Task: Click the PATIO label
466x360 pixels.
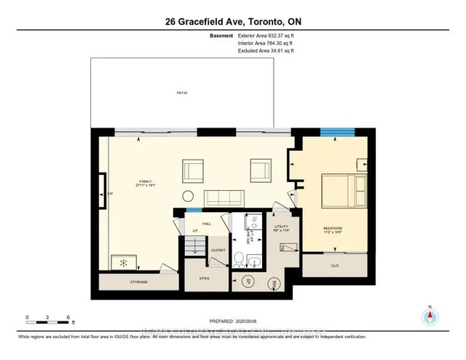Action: (181, 93)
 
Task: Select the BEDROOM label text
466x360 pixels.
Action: (333, 228)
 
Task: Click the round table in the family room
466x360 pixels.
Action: (188, 195)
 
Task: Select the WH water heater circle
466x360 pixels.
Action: (275, 283)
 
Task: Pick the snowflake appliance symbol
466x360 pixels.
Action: (122, 262)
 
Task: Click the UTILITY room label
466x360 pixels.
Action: (282, 227)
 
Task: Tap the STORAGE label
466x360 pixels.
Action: (138, 281)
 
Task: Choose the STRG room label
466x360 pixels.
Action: (205, 278)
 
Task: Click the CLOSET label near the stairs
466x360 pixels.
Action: (218, 250)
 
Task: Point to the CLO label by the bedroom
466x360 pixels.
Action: (335, 265)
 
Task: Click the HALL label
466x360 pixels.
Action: (206, 224)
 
